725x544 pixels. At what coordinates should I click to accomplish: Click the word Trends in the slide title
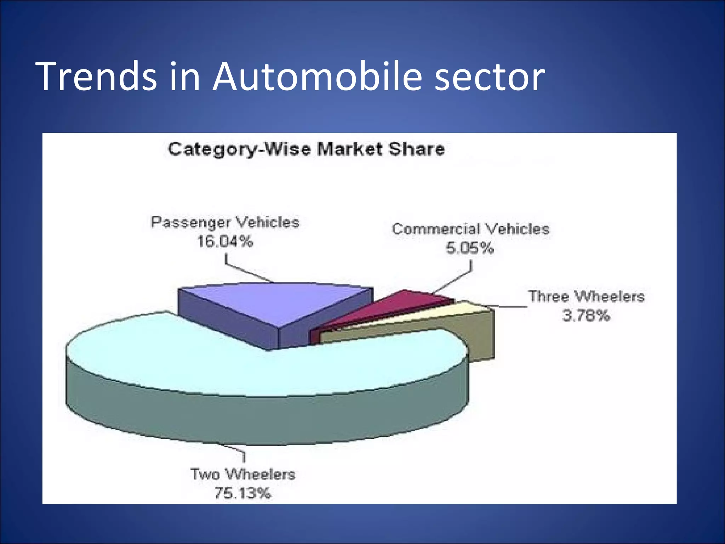pyautogui.click(x=96, y=76)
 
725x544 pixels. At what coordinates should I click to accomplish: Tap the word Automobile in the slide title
pyautogui.click(x=317, y=76)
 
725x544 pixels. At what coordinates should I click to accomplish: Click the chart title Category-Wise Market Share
pyautogui.click(x=306, y=149)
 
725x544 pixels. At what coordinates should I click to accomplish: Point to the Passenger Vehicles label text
pyautogui.click(x=225, y=222)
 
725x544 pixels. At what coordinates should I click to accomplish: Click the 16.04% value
pyautogui.click(x=225, y=242)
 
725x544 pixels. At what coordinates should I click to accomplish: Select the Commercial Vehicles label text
pyautogui.click(x=470, y=229)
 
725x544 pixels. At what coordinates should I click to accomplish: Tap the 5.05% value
pyautogui.click(x=470, y=248)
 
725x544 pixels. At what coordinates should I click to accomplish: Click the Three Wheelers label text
pyautogui.click(x=586, y=296)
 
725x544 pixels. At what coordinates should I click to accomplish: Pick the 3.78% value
pyautogui.click(x=586, y=315)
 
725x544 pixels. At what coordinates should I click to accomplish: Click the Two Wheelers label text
pyautogui.click(x=243, y=474)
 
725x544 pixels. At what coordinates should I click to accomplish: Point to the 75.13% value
pyautogui.click(x=243, y=493)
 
